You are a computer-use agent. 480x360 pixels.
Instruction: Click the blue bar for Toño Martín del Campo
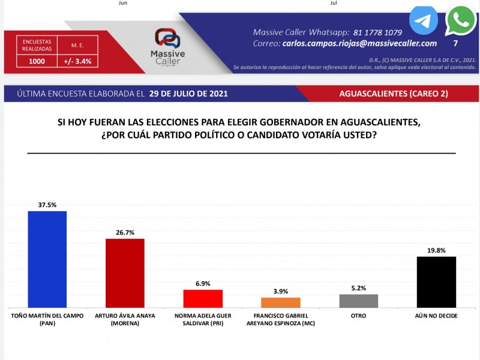[x=47, y=259]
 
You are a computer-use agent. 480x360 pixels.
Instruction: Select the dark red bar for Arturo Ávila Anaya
[x=125, y=273]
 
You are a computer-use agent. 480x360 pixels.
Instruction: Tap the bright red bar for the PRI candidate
[x=203, y=298]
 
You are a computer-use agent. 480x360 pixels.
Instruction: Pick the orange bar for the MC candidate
[x=281, y=302]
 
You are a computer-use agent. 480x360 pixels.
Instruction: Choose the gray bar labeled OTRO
[x=358, y=301]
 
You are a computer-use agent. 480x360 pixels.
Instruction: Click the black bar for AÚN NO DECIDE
[x=436, y=282]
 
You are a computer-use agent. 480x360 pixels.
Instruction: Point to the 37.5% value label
[x=47, y=205]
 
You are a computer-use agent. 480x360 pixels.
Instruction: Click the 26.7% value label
[x=125, y=232]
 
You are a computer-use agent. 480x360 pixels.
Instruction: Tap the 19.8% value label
[x=436, y=250]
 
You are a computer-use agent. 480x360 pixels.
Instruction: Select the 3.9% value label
[x=281, y=291]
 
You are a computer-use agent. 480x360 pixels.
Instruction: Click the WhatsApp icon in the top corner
[x=460, y=21]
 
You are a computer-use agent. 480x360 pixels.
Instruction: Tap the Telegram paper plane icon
[x=424, y=21]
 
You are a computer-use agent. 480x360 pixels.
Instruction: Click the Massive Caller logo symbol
[x=167, y=38]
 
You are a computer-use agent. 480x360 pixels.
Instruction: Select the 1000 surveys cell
[x=37, y=61]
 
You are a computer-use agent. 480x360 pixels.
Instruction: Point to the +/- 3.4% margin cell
[x=77, y=61]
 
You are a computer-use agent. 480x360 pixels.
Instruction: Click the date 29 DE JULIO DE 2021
[x=188, y=94]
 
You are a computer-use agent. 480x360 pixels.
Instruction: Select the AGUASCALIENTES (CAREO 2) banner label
[x=393, y=94]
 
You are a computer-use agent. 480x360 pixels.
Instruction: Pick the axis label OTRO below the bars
[x=358, y=314]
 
